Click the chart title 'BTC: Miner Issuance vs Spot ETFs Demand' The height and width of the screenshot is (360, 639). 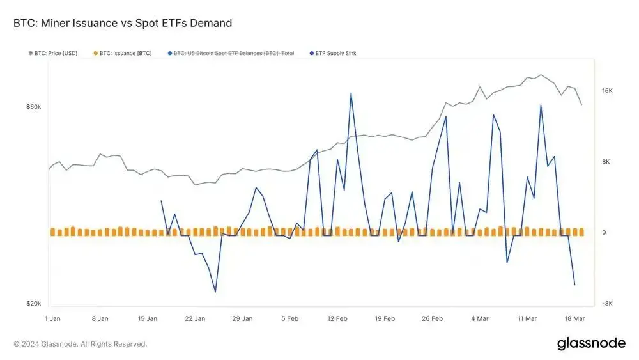coord(123,23)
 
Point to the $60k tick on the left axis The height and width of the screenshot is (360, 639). coord(33,107)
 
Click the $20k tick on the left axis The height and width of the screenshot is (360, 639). coord(33,304)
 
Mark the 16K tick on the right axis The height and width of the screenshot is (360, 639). coord(607,91)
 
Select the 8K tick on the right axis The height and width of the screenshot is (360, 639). coord(606,162)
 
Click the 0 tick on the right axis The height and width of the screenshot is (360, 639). coord(604,233)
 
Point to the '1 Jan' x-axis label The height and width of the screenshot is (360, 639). coord(52,318)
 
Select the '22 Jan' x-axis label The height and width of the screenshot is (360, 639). coord(195,318)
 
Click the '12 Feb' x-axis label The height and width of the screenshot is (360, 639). coord(337,318)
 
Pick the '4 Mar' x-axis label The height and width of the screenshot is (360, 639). coord(480,318)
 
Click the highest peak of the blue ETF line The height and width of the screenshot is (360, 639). coord(351,93)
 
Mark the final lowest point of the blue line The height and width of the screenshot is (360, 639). coord(574,285)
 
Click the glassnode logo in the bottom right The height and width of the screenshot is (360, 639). coord(591,343)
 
